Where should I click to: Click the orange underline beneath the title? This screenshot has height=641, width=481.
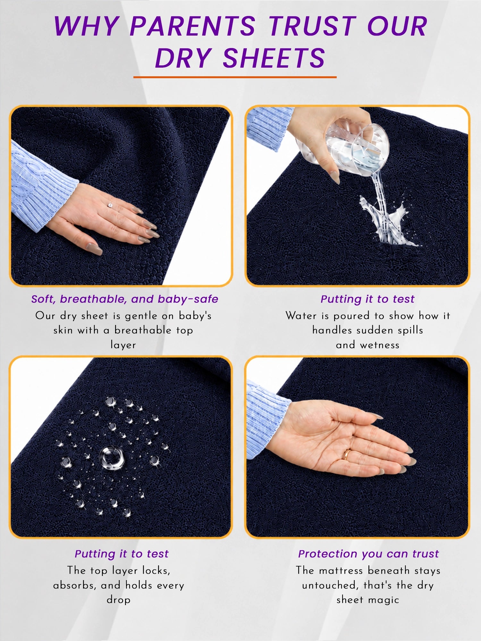(x=235, y=77)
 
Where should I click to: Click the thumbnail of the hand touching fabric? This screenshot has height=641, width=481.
(x=121, y=196)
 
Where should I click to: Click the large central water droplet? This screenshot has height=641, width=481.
(x=112, y=458)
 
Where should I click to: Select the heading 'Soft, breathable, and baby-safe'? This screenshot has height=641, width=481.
(x=125, y=299)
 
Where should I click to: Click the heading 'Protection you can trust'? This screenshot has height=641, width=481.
(x=368, y=554)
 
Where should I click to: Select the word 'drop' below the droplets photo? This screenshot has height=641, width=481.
(x=119, y=600)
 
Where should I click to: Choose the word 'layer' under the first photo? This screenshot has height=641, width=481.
(x=123, y=345)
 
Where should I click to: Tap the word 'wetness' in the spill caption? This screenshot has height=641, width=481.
(x=380, y=345)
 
